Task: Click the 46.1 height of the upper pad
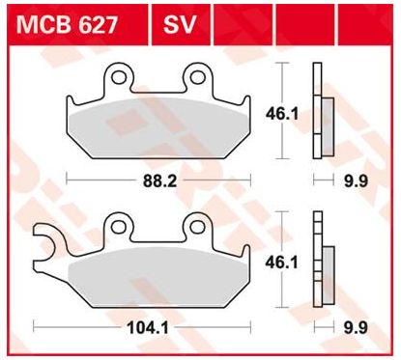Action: [x=280, y=112]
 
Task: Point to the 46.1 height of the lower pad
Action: [x=280, y=262]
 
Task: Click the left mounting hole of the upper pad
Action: [x=121, y=76]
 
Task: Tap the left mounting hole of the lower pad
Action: [x=120, y=226]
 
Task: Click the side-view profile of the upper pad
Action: [x=320, y=112]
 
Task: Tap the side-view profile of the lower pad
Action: [x=320, y=261]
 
